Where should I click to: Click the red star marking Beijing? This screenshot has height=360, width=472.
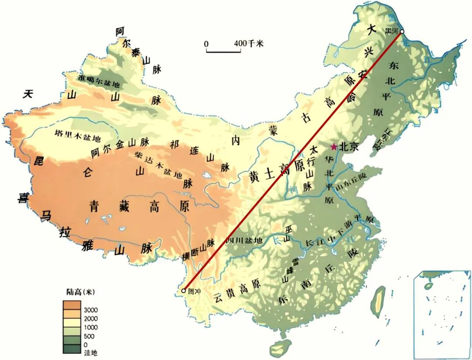point(334,147)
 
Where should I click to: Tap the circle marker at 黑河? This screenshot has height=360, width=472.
point(402,31)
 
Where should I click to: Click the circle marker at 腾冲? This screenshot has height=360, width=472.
point(184,290)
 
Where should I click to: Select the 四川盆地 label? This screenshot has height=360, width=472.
point(244,241)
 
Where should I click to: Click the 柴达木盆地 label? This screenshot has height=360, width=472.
point(158,165)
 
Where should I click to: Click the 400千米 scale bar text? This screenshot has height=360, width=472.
point(249,44)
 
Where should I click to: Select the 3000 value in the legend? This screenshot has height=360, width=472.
point(91,309)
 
